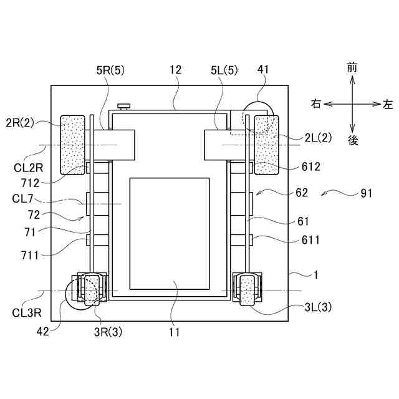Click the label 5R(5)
(110, 70)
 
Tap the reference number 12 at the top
(175, 70)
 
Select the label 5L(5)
(224, 70)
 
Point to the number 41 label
(263, 69)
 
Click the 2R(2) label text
(20, 123)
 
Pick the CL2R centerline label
(28, 168)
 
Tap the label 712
(31, 183)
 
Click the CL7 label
(22, 198)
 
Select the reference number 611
(310, 240)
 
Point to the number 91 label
(367, 194)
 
